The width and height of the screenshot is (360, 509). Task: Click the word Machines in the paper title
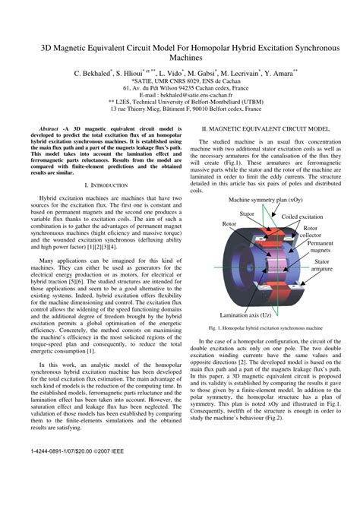pyautogui.click(x=180, y=57)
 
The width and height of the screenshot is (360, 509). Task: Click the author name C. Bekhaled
pyautogui.click(x=92, y=74)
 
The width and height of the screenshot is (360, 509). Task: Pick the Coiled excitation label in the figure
pyautogui.click(x=302, y=217)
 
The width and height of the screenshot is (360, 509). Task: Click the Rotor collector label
pyautogui.click(x=311, y=232)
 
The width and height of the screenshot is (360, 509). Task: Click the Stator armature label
pyautogui.click(x=321, y=264)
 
